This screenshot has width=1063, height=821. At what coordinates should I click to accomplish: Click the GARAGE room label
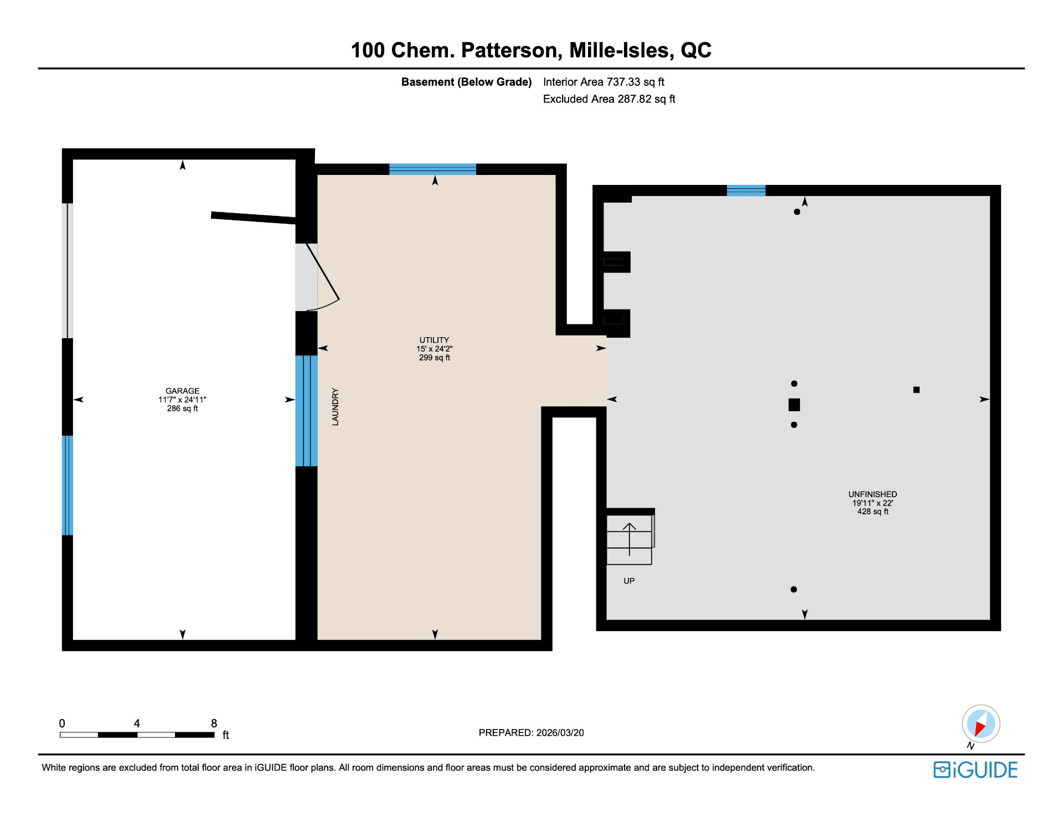[x=182, y=399]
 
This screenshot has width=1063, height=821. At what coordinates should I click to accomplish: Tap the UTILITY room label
[x=435, y=349]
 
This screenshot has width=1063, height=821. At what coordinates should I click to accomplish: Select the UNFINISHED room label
[x=873, y=503]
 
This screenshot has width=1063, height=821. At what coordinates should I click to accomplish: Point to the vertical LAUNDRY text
[x=335, y=407]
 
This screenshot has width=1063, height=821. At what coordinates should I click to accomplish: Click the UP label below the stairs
[x=629, y=581]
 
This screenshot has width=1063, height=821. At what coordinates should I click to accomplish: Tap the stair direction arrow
[x=629, y=539]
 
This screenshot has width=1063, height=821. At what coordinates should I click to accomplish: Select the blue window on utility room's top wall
[x=432, y=169]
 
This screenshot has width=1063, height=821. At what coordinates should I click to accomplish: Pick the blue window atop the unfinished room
[x=746, y=190]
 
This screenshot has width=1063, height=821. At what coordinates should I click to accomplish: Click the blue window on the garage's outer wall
[x=67, y=486]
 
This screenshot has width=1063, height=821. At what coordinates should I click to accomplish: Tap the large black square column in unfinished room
[x=794, y=405]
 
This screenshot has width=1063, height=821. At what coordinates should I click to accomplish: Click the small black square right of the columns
[x=916, y=390]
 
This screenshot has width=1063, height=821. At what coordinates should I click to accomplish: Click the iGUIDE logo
[x=976, y=770]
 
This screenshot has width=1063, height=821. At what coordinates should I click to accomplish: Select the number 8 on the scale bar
[x=214, y=723]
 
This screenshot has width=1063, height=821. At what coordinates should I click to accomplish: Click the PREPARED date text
[x=531, y=732]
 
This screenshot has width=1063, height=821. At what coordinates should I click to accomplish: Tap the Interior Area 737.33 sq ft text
[x=603, y=82]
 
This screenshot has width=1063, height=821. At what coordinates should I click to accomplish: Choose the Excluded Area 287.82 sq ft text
[x=609, y=99]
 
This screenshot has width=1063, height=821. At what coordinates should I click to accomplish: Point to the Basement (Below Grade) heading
[x=466, y=82]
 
